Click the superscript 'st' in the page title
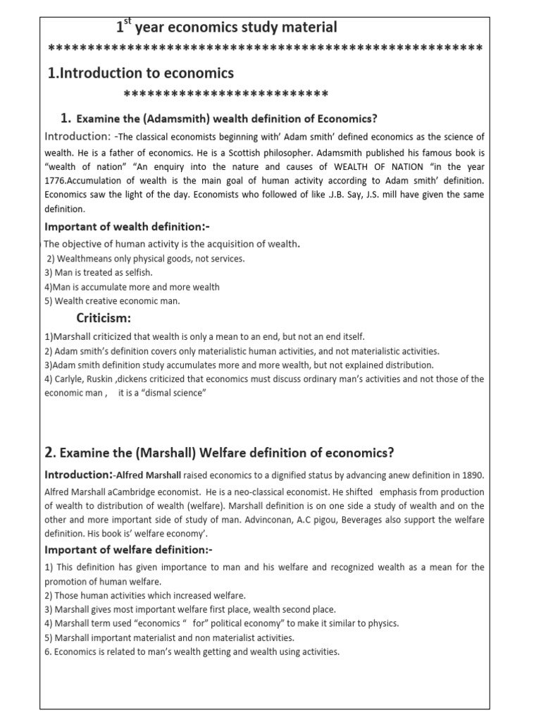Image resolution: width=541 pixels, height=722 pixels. (x=128, y=22)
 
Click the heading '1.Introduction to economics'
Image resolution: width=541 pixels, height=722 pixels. (x=140, y=73)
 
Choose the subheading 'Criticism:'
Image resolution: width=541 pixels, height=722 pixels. (x=104, y=318)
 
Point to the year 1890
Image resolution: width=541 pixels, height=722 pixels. (x=472, y=475)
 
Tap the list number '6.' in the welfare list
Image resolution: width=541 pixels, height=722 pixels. (x=49, y=652)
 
